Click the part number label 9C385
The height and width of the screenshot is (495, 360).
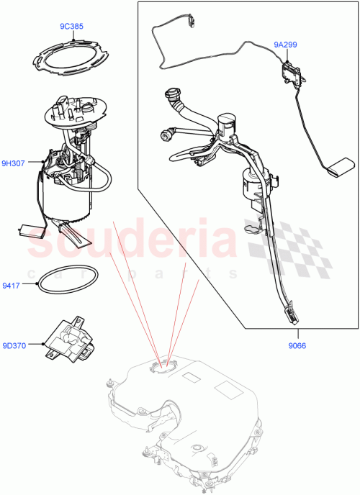click(x=71, y=27)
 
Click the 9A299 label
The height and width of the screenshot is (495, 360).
click(x=285, y=44)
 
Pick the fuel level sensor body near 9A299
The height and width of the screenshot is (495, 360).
click(x=292, y=71)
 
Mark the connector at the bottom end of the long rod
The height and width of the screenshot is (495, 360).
click(x=293, y=314)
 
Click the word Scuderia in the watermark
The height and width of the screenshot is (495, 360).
click(x=130, y=240)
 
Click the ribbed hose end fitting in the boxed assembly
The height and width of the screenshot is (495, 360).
click(x=172, y=94)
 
